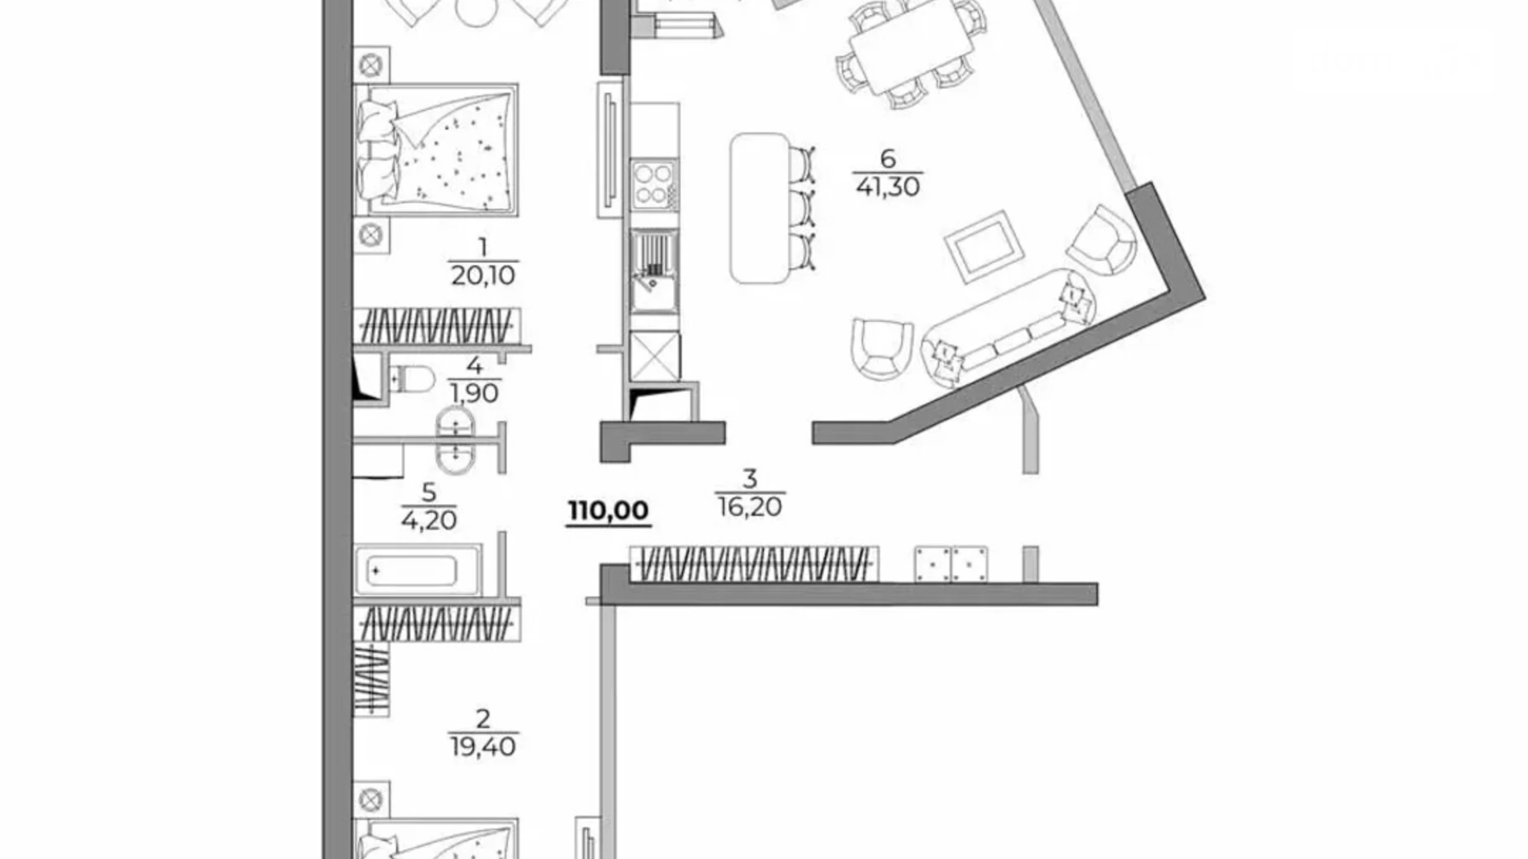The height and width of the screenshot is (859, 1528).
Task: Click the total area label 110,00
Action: click(x=609, y=510)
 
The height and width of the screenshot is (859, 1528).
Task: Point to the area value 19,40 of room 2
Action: click(x=483, y=747)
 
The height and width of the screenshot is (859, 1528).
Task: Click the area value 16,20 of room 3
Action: click(x=749, y=506)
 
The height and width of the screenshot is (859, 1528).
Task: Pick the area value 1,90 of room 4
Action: click(x=474, y=393)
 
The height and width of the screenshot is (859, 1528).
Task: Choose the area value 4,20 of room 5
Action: click(x=429, y=520)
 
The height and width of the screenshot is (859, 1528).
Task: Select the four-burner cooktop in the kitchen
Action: click(x=653, y=184)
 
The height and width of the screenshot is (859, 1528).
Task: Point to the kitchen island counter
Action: click(x=760, y=208)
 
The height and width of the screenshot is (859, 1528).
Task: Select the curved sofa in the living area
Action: click(x=1008, y=326)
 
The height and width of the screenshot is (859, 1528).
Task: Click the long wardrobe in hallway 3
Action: click(x=752, y=563)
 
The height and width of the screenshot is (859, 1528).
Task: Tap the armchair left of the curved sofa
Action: click(x=880, y=348)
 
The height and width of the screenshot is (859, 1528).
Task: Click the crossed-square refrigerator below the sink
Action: click(x=654, y=357)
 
